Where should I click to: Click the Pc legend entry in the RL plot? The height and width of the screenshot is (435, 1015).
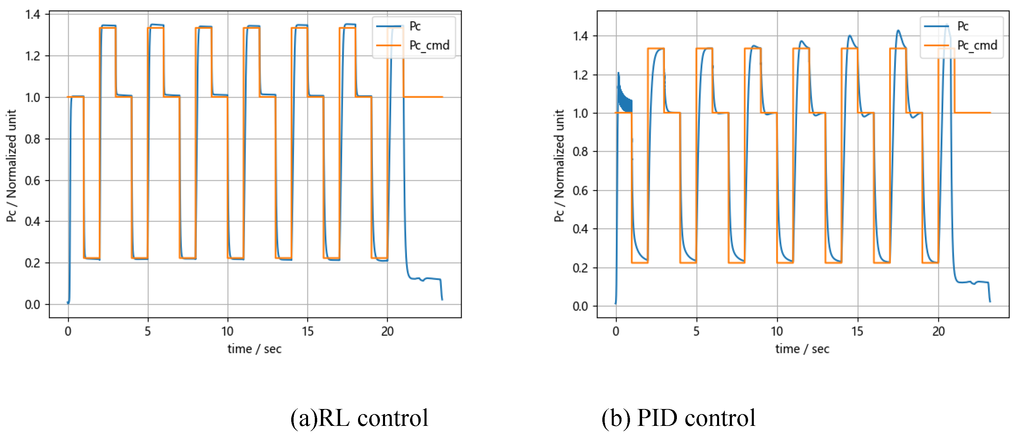pyautogui.click(x=414, y=26)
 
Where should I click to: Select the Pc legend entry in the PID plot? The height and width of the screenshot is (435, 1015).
pyautogui.click(x=962, y=26)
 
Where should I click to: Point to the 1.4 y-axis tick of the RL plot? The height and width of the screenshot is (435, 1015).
pyautogui.click(x=33, y=15)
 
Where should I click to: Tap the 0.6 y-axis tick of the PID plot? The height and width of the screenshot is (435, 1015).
pyautogui.click(x=580, y=191)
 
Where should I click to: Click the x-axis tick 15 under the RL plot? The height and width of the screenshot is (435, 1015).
pyautogui.click(x=307, y=331)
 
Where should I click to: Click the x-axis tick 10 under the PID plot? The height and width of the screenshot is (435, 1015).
pyautogui.click(x=777, y=331)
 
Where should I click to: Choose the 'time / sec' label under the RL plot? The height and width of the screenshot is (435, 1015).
pyautogui.click(x=254, y=349)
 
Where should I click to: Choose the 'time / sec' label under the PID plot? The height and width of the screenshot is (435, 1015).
pyautogui.click(x=802, y=349)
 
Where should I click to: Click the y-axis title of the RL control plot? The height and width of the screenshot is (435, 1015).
pyautogui.click(x=11, y=165)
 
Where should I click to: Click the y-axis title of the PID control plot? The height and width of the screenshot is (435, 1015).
pyautogui.click(x=559, y=165)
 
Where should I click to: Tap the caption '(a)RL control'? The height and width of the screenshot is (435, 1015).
pyautogui.click(x=359, y=418)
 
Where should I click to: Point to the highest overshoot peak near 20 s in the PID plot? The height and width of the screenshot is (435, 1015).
pyautogui.click(x=947, y=26)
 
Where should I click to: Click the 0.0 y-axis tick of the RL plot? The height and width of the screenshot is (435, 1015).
pyautogui.click(x=33, y=304)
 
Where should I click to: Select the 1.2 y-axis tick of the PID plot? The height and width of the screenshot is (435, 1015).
pyautogui.click(x=580, y=75)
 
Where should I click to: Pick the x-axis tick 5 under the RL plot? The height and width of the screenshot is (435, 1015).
pyautogui.click(x=148, y=331)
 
